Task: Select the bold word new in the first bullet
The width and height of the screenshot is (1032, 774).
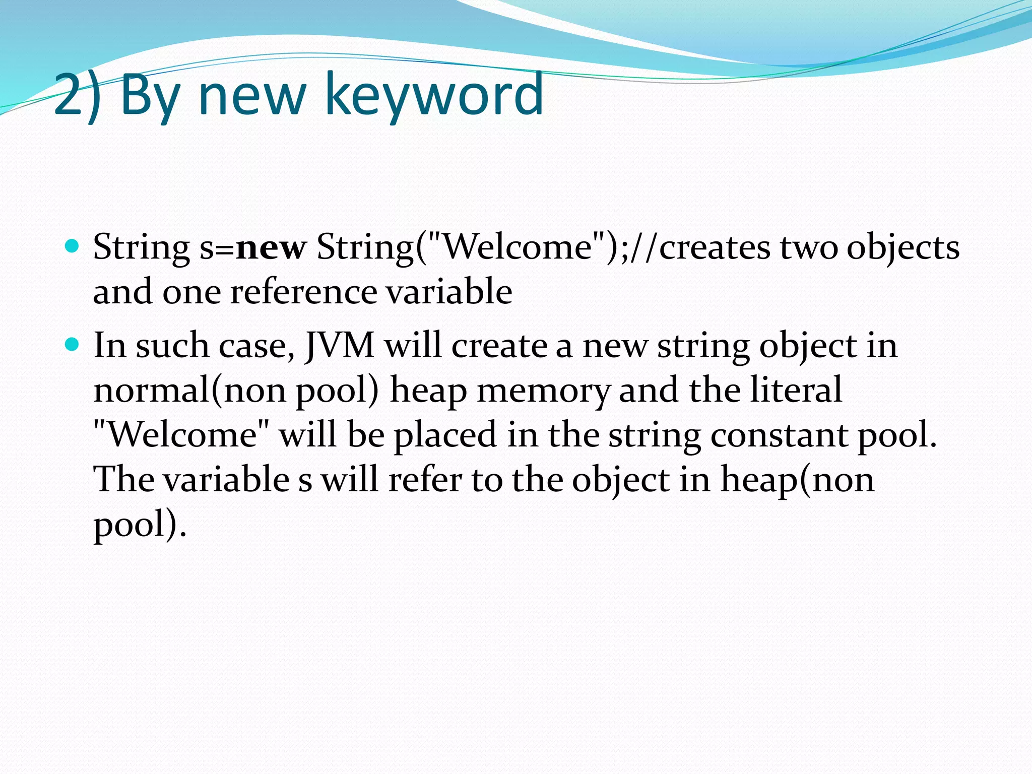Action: [x=271, y=247]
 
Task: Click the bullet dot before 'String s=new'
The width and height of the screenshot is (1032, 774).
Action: [x=73, y=246]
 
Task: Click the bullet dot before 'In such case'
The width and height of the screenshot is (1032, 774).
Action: [x=73, y=345]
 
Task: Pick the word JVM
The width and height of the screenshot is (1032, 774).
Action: [x=340, y=346]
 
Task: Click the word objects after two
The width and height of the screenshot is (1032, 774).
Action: [x=903, y=247]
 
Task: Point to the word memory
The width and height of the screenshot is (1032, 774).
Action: [x=543, y=390]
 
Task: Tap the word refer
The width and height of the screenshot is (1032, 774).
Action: [x=425, y=479]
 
